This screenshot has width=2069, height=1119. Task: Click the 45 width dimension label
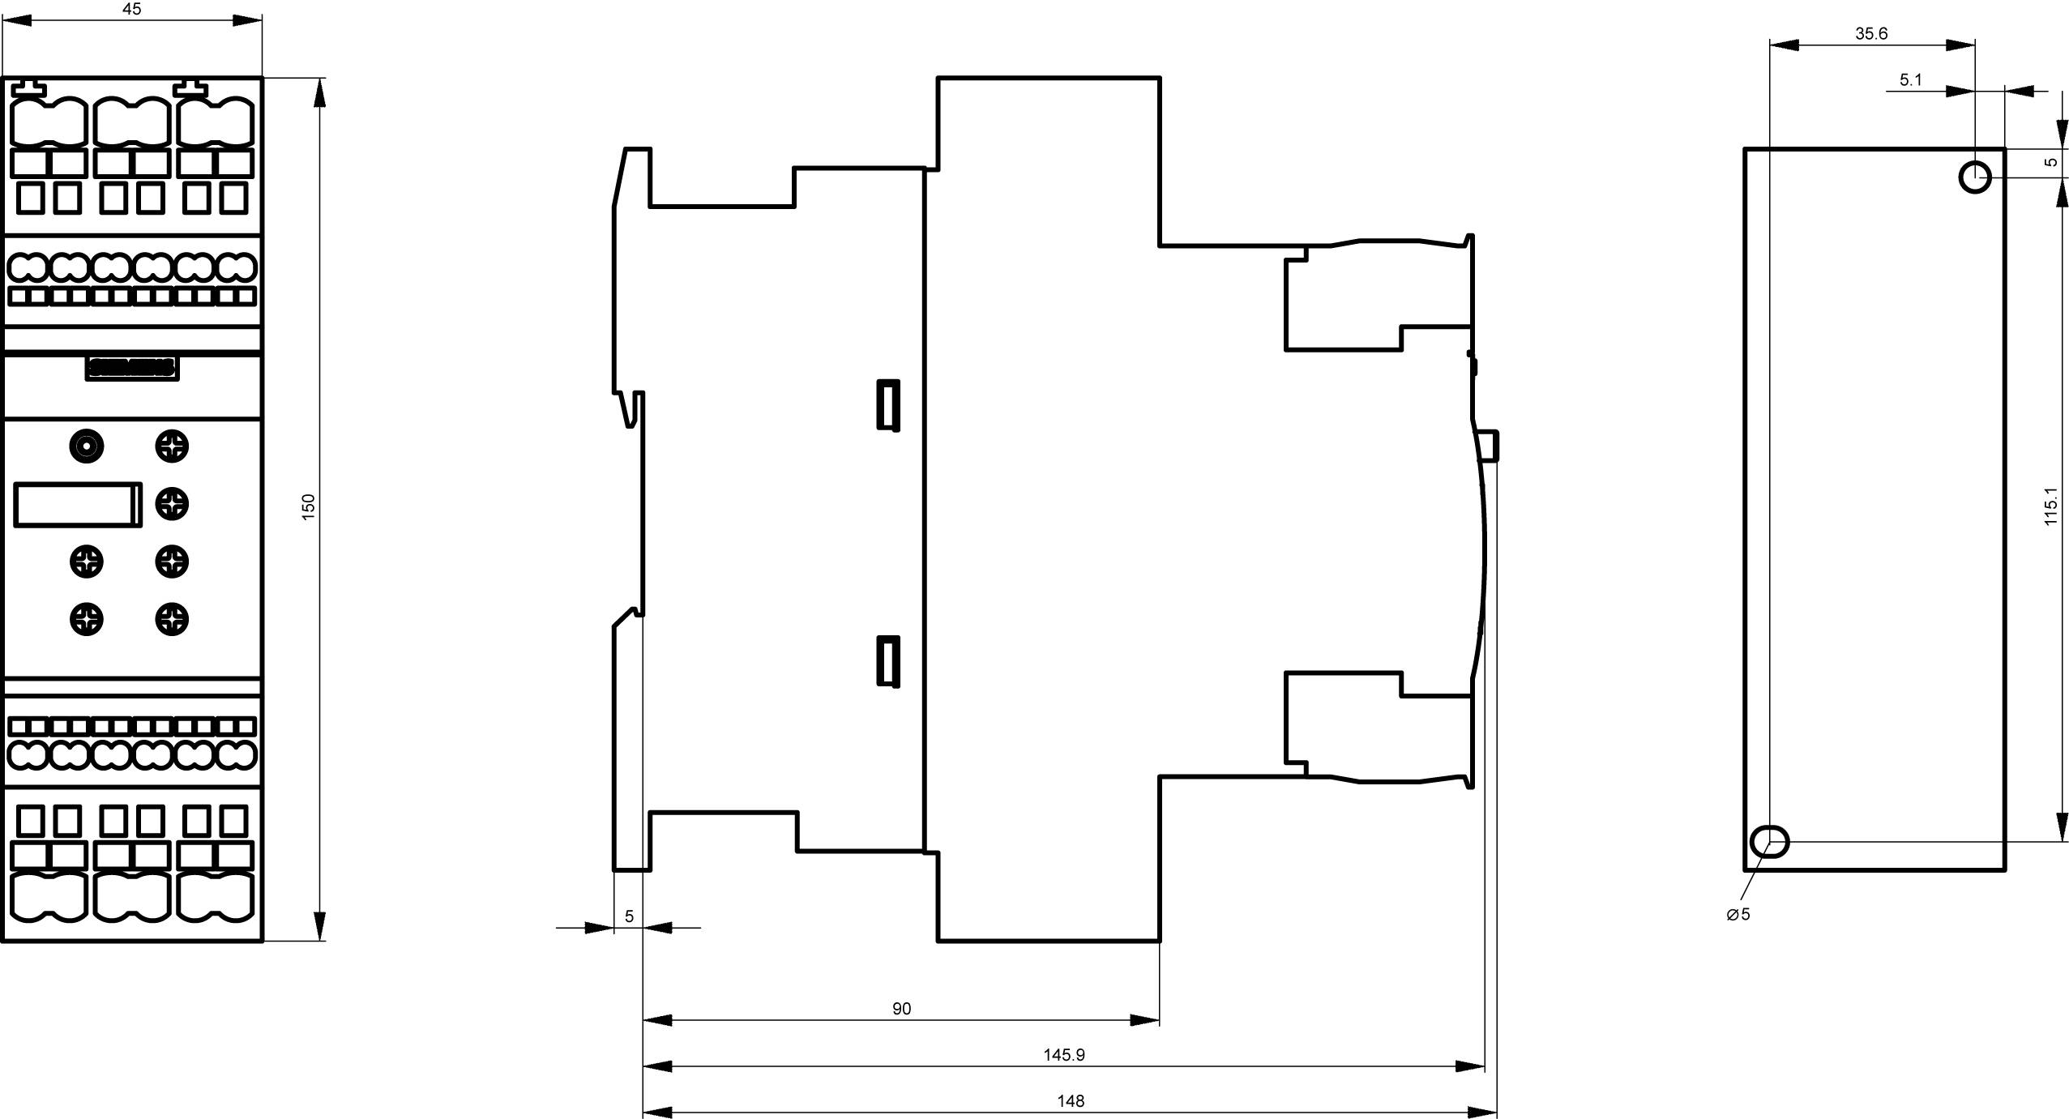pyautogui.click(x=131, y=9)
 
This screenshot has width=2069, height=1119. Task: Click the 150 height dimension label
pyautogui.click(x=308, y=506)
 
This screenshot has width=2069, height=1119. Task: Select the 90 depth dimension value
pyautogui.click(x=901, y=1009)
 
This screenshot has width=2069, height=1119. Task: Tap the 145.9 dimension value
pyautogui.click(x=1063, y=1055)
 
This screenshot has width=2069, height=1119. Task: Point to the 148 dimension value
pyautogui.click(x=1070, y=1101)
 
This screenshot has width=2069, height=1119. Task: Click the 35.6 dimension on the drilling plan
pyautogui.click(x=1871, y=33)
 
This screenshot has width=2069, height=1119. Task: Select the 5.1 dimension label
pyautogui.click(x=1910, y=79)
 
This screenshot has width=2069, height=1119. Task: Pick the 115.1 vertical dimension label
pyautogui.click(x=2050, y=506)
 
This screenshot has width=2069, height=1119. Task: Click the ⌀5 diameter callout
pyautogui.click(x=1738, y=914)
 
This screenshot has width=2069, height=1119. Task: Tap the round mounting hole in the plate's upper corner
pyautogui.click(x=1975, y=177)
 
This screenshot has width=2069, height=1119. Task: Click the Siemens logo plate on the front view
pyautogui.click(x=131, y=368)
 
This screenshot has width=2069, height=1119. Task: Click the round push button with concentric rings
pyautogui.click(x=87, y=446)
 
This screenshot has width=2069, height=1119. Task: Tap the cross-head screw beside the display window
pyautogui.click(x=172, y=504)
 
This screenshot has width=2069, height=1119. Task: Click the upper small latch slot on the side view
pyautogui.click(x=888, y=404)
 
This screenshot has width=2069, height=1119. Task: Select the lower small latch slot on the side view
pyautogui.click(x=888, y=661)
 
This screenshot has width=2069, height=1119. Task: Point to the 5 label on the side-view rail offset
pyautogui.click(x=629, y=916)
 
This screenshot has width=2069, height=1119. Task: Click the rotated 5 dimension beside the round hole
pyautogui.click(x=2050, y=162)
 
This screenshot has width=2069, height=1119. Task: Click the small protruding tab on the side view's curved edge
pyautogui.click(x=1488, y=446)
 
